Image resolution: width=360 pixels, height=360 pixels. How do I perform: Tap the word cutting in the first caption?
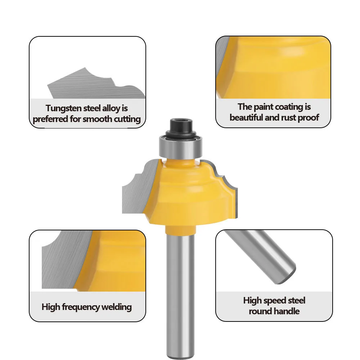tap(127, 119)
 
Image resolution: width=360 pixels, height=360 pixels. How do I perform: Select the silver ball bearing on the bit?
tap(181, 147)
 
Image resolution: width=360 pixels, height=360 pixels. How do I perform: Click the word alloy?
tap(111, 108)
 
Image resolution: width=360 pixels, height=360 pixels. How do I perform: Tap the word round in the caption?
tap(259, 311)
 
